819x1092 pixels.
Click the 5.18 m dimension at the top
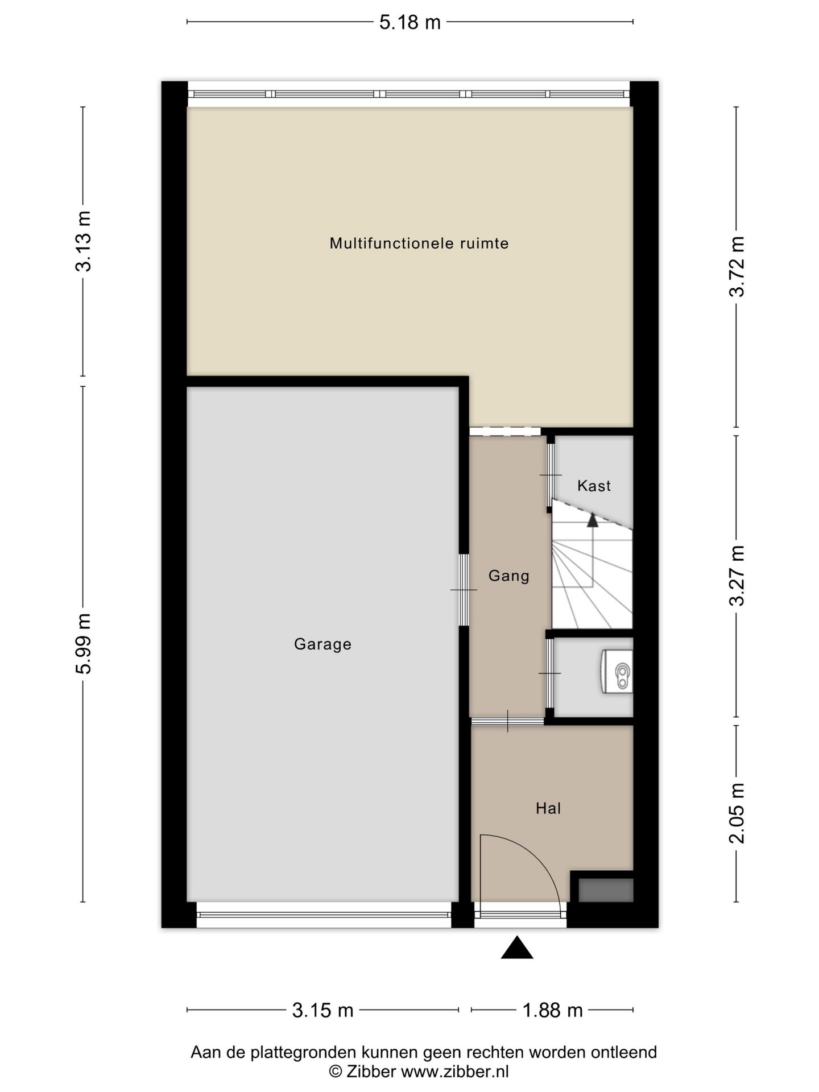point(410,22)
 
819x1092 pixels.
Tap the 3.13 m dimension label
point(84,241)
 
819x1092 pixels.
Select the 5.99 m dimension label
point(84,643)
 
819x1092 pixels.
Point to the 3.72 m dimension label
point(737,266)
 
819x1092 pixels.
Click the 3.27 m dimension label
point(737,576)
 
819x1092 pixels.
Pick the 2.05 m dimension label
point(737,813)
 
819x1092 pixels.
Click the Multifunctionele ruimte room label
point(419,243)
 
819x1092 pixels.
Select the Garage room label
point(322,644)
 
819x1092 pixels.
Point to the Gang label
point(509,576)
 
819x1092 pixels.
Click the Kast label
point(594,486)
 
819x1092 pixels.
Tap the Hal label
point(548,808)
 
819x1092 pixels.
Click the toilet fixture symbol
point(617,672)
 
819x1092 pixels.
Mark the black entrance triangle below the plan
point(517,948)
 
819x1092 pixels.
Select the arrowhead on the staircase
point(593,519)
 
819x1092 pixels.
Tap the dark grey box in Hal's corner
point(606,890)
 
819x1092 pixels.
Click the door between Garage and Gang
point(464,590)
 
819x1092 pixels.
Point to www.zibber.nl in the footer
point(455,1072)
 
